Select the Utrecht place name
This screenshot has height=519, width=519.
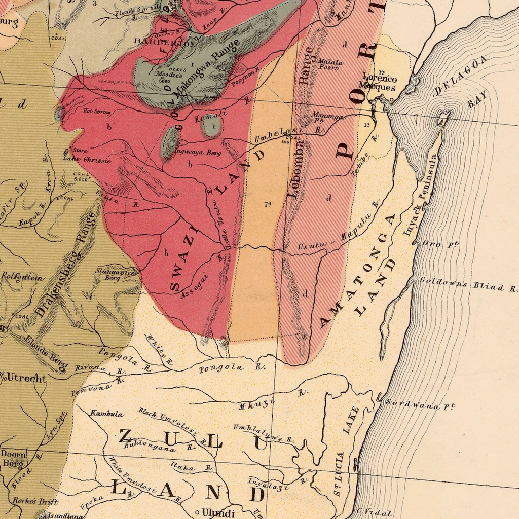(26, 378)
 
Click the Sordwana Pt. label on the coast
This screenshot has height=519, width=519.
(420, 404)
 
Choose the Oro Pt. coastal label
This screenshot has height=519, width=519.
(440, 244)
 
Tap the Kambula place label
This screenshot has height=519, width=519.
(106, 414)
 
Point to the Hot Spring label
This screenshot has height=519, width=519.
(97, 112)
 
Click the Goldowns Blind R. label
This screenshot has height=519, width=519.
(468, 285)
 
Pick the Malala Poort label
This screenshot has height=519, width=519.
(330, 64)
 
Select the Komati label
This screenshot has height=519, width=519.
(210, 116)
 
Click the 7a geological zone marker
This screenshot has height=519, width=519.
(267, 204)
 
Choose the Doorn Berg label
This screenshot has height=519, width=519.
(13, 458)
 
